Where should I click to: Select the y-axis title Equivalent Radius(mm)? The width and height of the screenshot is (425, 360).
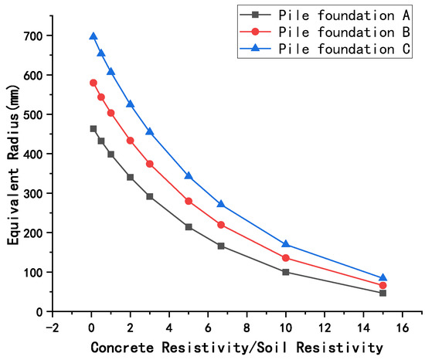coord(13,173)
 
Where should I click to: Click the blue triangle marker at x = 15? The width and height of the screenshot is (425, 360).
coord(382,278)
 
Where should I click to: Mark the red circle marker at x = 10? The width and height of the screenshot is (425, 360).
coord(286,258)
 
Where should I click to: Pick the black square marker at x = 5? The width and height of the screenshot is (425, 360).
coord(189,227)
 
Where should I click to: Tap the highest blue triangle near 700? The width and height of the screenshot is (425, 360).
coord(93,36)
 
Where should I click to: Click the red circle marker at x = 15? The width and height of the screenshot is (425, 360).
coord(382,286)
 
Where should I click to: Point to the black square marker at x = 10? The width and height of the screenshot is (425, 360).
coord(286,272)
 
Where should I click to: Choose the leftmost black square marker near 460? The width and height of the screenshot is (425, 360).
coord(93,129)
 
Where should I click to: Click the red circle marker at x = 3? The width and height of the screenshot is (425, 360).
coord(150,164)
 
